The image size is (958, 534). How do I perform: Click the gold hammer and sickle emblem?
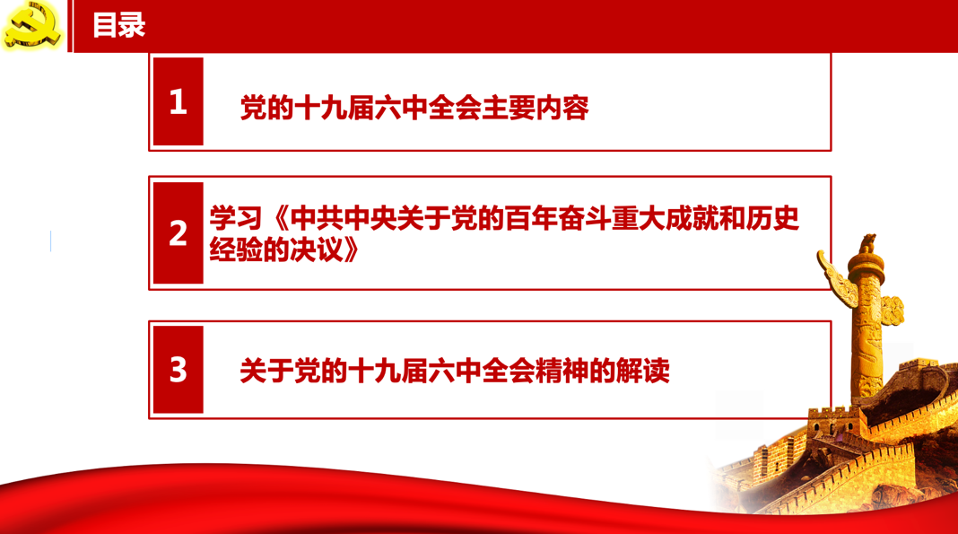click(31, 26)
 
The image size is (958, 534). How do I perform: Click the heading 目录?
click(118, 26)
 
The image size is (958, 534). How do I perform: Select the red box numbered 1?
click(178, 101)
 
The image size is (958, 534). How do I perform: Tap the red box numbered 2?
click(178, 232)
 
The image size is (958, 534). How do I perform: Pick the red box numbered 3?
click(178, 370)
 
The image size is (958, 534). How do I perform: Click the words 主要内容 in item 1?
click(536, 108)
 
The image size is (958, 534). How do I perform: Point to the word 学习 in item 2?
click(236, 218)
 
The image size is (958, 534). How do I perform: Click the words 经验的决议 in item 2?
click(276, 249)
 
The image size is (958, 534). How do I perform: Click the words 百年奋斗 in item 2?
click(558, 218)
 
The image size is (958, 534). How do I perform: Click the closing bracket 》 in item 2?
click(352, 249)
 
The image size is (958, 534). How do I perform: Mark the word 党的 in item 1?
click(266, 108)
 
